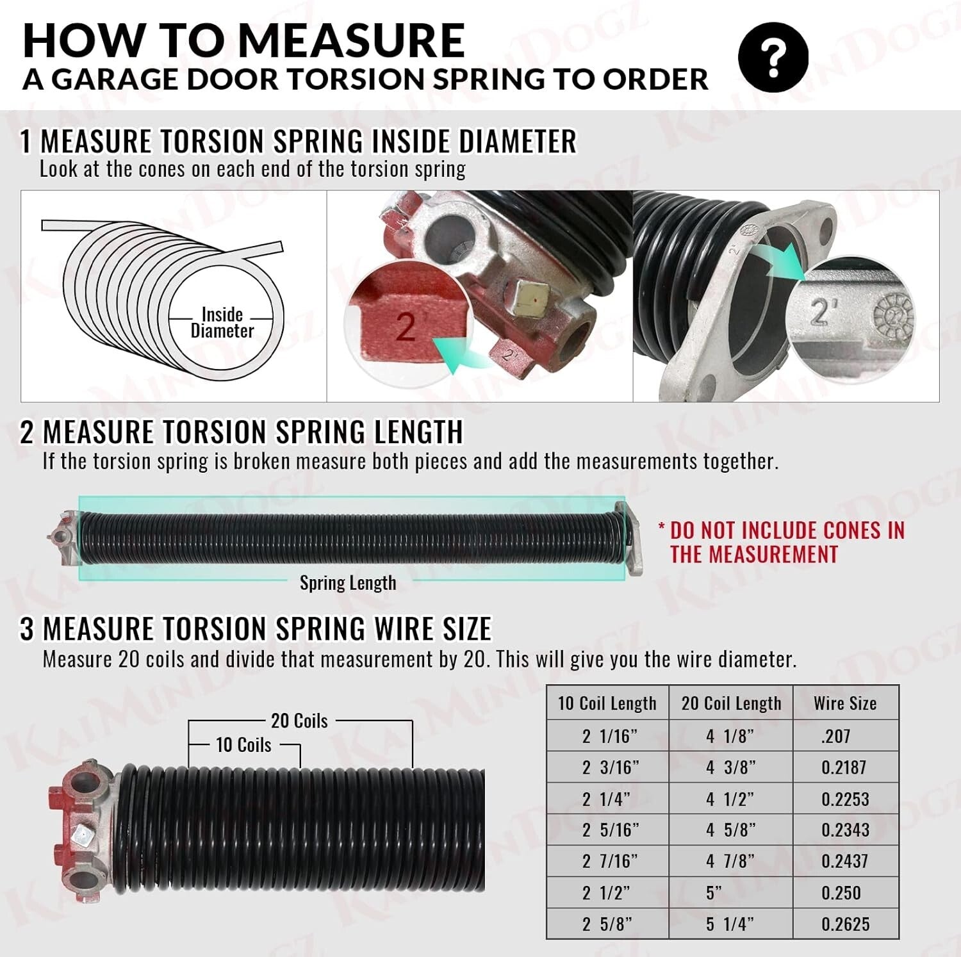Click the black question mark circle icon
pyautogui.click(x=773, y=57)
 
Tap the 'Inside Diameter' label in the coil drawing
pyautogui.click(x=222, y=323)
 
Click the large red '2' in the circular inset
pyautogui.click(x=406, y=327)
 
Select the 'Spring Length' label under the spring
pyautogui.click(x=348, y=583)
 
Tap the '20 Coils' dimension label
pyautogui.click(x=299, y=721)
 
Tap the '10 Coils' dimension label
pyautogui.click(x=243, y=745)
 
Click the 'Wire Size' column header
pyautogui.click(x=845, y=703)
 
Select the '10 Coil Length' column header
pyautogui.click(x=607, y=703)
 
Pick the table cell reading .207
pyautogui.click(x=835, y=736)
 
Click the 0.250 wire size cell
pyautogui.click(x=841, y=893)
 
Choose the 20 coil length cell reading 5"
pyautogui.click(x=714, y=893)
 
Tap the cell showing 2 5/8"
pyautogui.click(x=607, y=924)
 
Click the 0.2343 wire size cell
pyautogui.click(x=845, y=830)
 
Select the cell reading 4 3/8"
pyautogui.click(x=730, y=767)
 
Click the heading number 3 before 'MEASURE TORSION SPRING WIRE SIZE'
pyautogui.click(x=27, y=629)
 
